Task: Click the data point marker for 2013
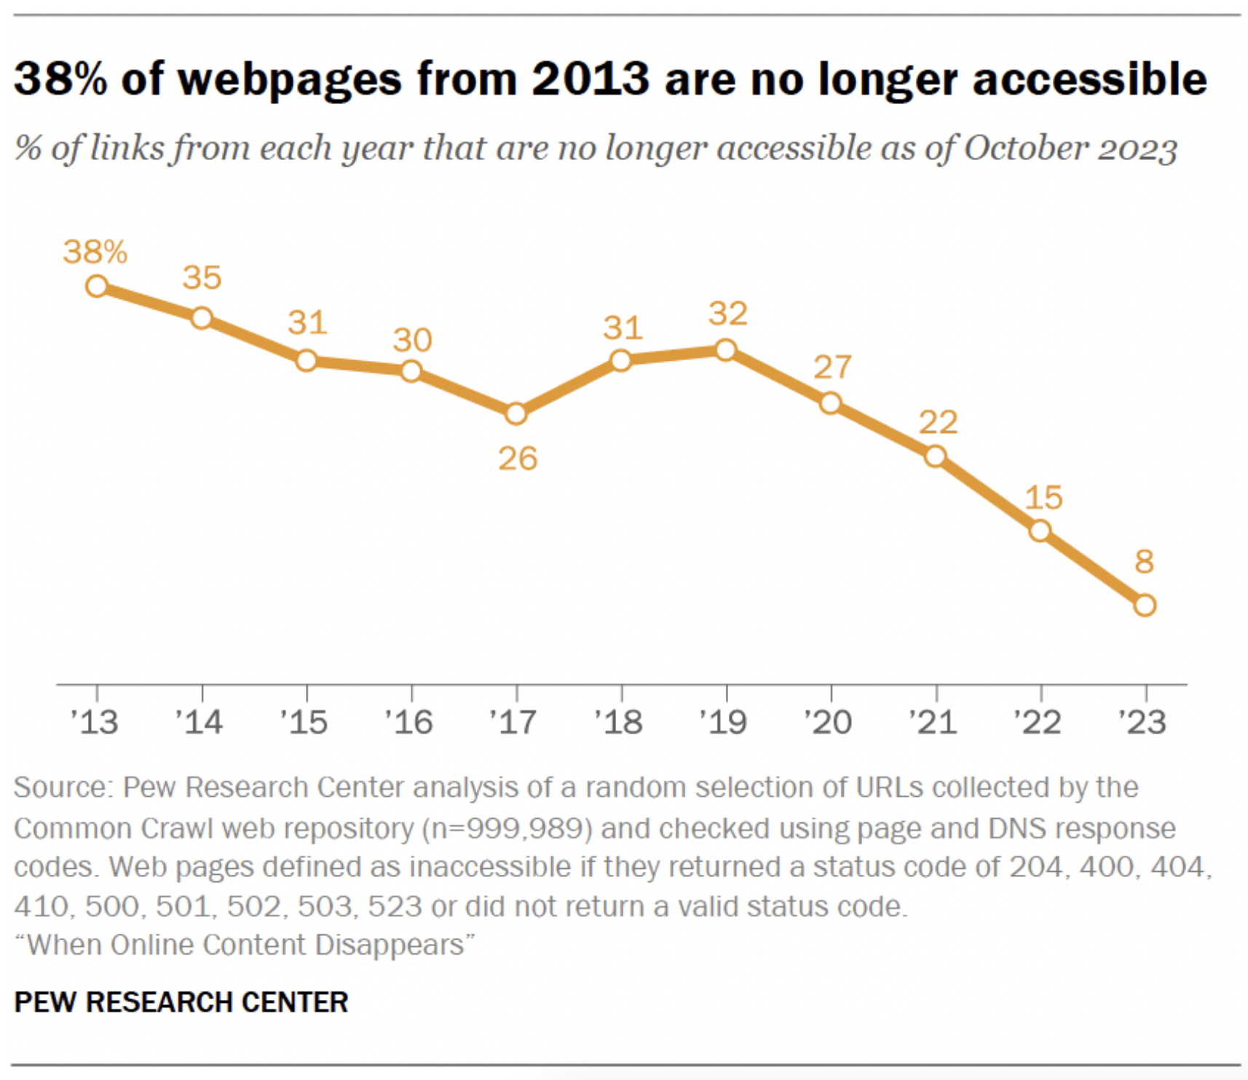click(97, 286)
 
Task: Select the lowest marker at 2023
click(1145, 605)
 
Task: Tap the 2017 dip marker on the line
click(516, 414)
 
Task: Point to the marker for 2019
click(725, 350)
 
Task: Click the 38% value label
click(95, 252)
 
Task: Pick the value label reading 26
click(518, 458)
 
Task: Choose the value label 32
click(728, 314)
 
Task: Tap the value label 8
click(1144, 561)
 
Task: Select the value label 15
click(1043, 498)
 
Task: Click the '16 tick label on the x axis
click(409, 722)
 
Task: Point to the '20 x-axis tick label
click(828, 722)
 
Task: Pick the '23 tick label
click(1142, 722)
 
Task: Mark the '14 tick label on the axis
click(199, 722)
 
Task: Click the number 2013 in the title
click(591, 78)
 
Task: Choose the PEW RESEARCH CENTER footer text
click(181, 1002)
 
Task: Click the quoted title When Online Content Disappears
click(245, 945)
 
